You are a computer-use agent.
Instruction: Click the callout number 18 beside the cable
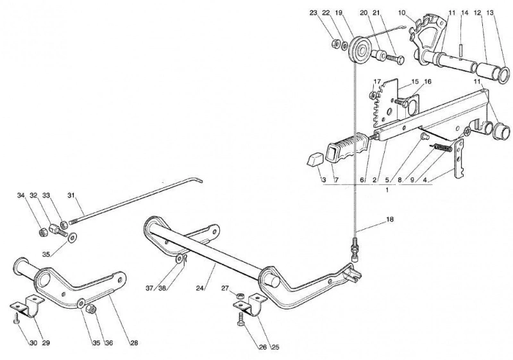point(389,219)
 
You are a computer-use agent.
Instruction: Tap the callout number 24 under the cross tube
point(200,288)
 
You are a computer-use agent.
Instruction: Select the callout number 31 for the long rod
point(71,195)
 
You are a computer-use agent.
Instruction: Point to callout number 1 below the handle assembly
point(387,190)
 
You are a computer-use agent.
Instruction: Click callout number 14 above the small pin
point(465,13)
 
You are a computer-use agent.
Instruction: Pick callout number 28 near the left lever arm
point(134,343)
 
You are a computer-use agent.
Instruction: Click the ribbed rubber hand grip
point(348,150)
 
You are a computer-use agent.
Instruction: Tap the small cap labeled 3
point(315,160)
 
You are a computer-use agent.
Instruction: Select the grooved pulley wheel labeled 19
point(359,53)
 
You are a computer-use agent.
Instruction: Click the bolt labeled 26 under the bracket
point(240,319)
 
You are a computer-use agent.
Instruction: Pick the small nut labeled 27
point(240,295)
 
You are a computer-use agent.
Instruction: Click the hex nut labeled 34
point(42,232)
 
